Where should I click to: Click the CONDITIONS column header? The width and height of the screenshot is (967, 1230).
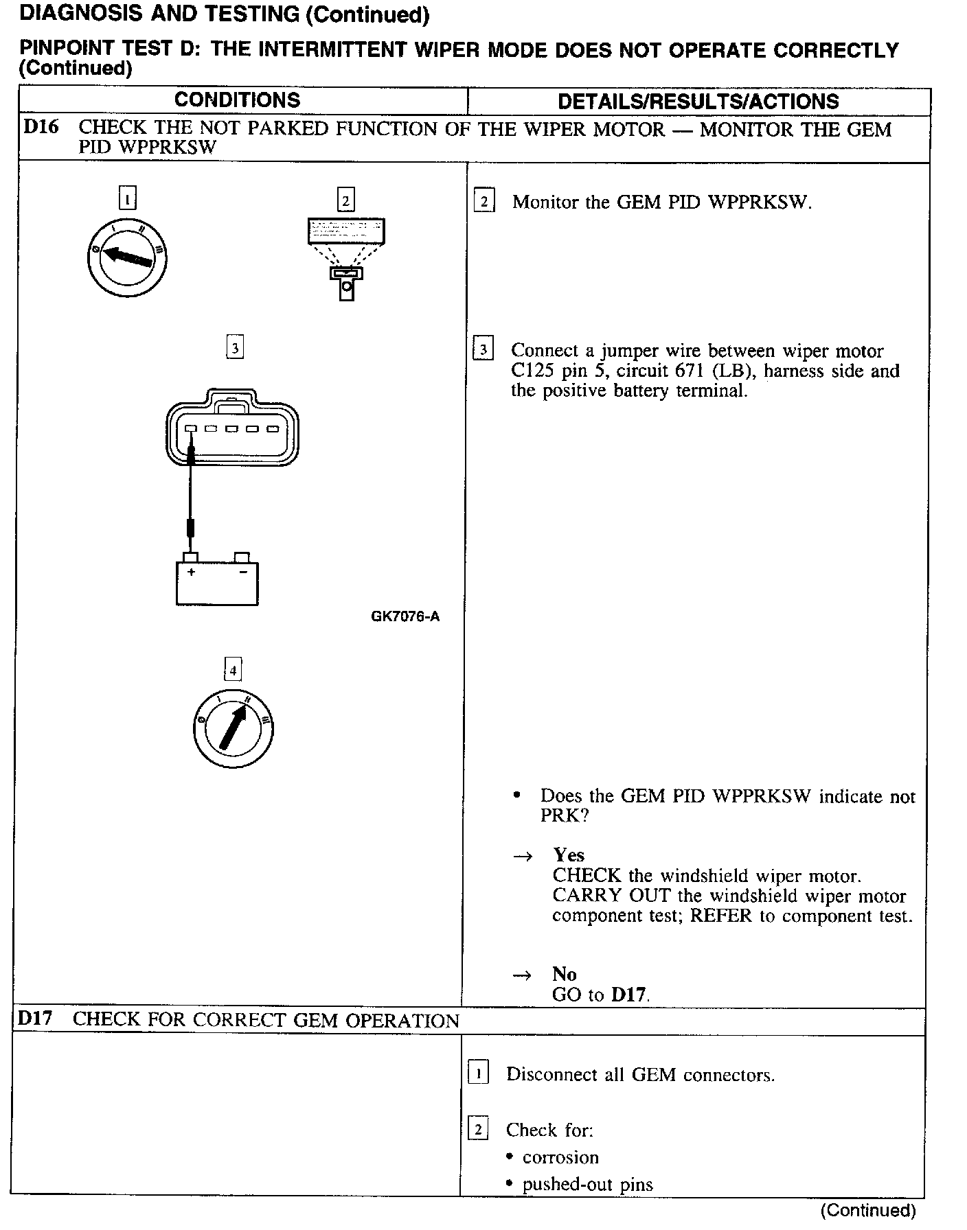(x=237, y=100)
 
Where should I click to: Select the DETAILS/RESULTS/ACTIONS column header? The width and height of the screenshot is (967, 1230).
(x=698, y=102)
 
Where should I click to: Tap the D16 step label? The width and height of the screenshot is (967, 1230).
(x=41, y=127)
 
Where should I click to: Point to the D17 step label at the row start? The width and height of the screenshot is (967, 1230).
(x=35, y=1018)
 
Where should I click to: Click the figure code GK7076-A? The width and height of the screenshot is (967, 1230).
(x=405, y=616)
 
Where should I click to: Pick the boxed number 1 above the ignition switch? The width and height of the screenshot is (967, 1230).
(x=128, y=198)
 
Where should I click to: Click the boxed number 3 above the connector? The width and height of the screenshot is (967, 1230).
(x=235, y=347)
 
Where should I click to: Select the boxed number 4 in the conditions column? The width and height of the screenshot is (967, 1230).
(x=234, y=670)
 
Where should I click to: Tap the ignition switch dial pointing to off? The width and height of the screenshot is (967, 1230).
(x=127, y=257)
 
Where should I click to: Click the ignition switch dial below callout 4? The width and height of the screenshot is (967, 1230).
(x=234, y=728)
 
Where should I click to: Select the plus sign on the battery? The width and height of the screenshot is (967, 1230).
(x=192, y=572)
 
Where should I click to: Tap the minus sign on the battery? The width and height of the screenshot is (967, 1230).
(x=242, y=572)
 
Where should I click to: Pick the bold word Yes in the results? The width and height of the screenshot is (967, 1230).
(x=569, y=855)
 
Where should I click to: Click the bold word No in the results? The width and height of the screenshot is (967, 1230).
(x=564, y=974)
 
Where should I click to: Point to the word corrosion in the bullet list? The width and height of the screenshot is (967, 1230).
(x=560, y=1157)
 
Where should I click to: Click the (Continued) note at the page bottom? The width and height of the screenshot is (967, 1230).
(x=868, y=1210)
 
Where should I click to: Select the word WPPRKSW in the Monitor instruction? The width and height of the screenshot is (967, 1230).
(x=759, y=202)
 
